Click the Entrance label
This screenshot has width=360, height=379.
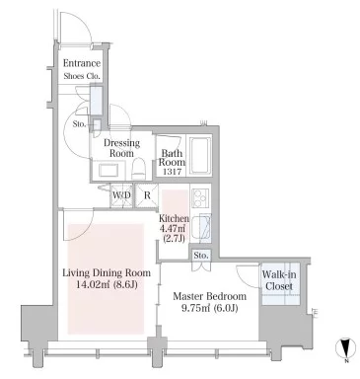pos(82,63)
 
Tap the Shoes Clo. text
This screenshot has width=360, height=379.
pos(82,76)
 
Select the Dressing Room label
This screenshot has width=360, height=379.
pos(121,148)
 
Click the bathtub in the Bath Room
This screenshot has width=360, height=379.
pos(200,157)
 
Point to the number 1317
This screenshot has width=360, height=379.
pos(173,171)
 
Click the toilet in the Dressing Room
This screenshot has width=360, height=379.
pos(138,168)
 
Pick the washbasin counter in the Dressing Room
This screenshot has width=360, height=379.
pos(108,170)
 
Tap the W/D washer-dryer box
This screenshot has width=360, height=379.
pos(121,195)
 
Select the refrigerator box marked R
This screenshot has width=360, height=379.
pos(146,195)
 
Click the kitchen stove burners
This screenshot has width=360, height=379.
pos(200,198)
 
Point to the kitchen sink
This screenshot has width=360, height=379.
pos(201,228)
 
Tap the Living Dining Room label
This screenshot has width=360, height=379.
pos(107,272)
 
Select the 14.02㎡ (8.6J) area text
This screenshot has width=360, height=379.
pos(107,284)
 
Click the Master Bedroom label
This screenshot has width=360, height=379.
pos(210,296)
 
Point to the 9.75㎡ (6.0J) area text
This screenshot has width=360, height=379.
pos(210,308)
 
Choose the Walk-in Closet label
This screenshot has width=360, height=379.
pos(279,280)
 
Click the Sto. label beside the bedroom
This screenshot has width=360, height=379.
pos(200,256)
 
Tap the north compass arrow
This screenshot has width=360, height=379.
pos(346,348)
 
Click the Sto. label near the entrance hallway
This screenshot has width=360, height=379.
pos(79,124)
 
